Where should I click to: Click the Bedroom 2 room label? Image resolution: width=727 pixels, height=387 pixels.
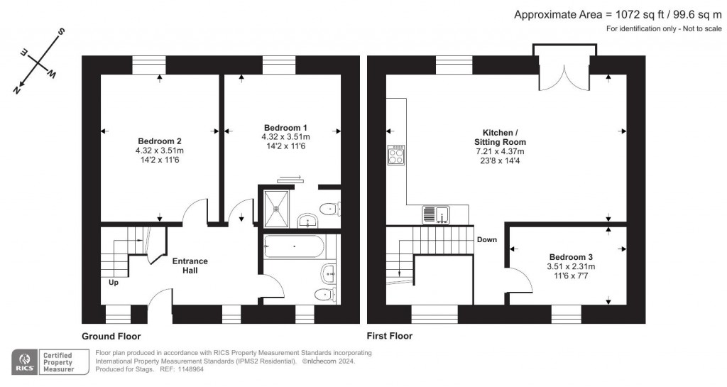pyautogui.click(x=159, y=141)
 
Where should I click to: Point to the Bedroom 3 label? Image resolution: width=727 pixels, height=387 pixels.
pyautogui.click(x=570, y=256)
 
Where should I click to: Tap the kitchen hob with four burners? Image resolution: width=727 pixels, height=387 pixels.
pyautogui.click(x=396, y=156)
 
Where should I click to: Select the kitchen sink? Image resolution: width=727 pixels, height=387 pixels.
pyautogui.click(x=434, y=213)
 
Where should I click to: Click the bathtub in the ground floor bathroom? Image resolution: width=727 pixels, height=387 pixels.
pyautogui.click(x=295, y=248)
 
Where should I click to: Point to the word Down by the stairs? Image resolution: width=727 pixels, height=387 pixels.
pyautogui.click(x=486, y=239)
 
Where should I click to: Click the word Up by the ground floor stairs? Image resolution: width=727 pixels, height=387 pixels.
pyautogui.click(x=113, y=283)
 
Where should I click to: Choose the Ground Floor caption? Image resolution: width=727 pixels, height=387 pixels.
pyautogui.click(x=111, y=336)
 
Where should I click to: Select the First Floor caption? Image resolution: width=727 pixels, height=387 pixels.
pyautogui.click(x=389, y=336)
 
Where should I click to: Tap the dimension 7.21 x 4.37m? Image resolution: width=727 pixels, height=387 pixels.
pyautogui.click(x=500, y=151)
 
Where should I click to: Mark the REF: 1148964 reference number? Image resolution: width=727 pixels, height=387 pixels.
pyautogui.click(x=163, y=369)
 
